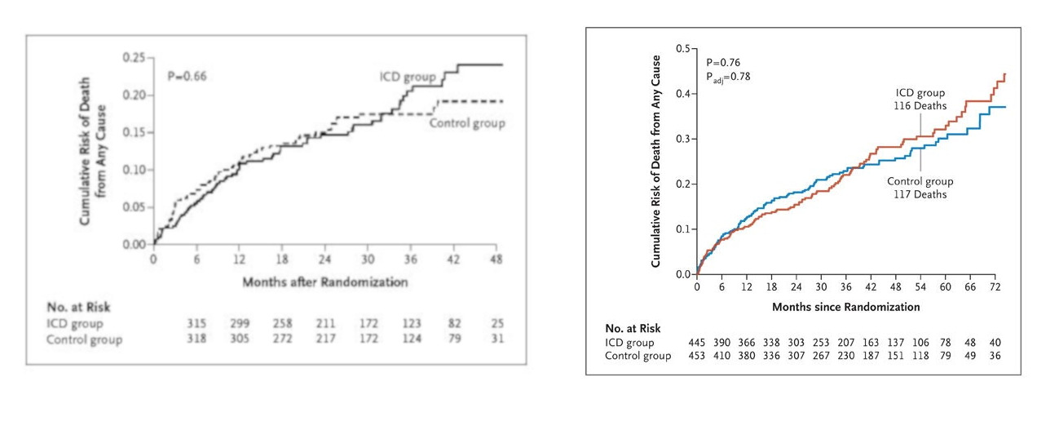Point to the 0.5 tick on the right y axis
click(x=682, y=49)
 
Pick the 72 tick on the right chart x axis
click(x=994, y=288)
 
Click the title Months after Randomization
click(x=324, y=282)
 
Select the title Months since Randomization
click(x=846, y=308)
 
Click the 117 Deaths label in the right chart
click(x=920, y=194)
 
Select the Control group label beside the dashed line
click(x=467, y=123)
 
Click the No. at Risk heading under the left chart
click(x=77, y=307)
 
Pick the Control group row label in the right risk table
click(x=638, y=356)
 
